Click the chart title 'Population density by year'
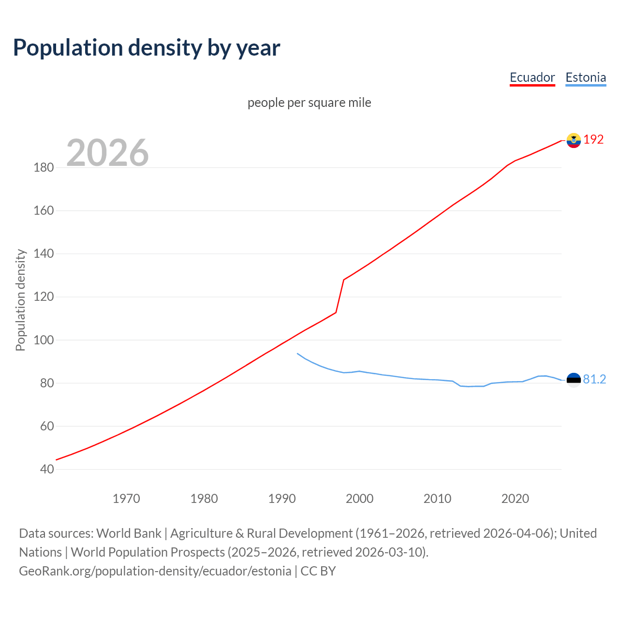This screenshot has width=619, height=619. tap(147, 48)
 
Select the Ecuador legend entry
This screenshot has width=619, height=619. tap(532, 77)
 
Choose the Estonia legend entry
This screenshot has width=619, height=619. tap(585, 77)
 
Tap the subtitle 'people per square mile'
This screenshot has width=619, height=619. tap(309, 103)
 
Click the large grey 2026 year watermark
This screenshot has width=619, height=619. tap(107, 153)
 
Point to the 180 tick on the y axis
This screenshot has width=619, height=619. tap(44, 168)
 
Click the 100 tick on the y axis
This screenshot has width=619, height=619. tap(44, 340)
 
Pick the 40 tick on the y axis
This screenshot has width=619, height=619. tap(47, 469)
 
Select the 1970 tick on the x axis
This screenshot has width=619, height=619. tap(126, 499)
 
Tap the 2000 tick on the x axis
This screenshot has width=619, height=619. tap(359, 499)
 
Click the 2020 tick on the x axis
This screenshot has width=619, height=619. tap(515, 499)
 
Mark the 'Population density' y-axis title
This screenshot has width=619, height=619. tap(20, 300)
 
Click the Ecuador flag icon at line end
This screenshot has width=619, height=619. tap(574, 140)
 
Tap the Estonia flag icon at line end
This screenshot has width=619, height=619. tap(574, 380)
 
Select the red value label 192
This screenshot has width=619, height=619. tap(593, 140)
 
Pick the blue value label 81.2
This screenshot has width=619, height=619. tap(594, 380)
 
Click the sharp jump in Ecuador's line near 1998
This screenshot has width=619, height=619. tap(340, 296)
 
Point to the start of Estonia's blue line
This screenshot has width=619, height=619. tap(297, 354)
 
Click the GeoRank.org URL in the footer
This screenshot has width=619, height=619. tap(155, 571)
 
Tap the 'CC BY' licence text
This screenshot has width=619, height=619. tap(318, 571)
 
